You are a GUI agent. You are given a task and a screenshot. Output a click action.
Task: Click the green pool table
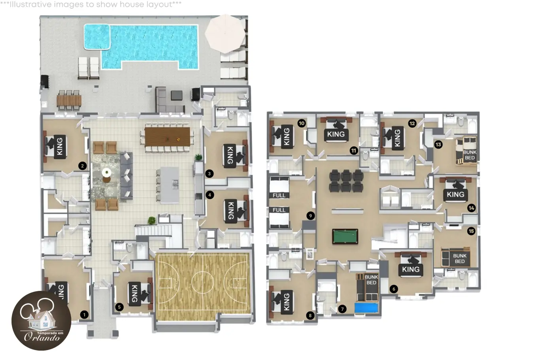click(x=345, y=236)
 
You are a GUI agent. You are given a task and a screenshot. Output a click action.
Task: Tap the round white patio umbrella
click(x=225, y=34)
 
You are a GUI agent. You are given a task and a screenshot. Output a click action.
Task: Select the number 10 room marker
click(x=302, y=123)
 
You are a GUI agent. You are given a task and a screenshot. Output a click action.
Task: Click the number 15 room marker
click(x=471, y=231)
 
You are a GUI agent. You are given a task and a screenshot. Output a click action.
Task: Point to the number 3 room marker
click(x=209, y=173)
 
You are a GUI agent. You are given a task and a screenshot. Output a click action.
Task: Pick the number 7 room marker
click(x=342, y=309)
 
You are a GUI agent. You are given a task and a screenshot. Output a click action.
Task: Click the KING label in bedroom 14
click(x=455, y=194)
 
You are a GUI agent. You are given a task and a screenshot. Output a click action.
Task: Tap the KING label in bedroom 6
click(x=411, y=269)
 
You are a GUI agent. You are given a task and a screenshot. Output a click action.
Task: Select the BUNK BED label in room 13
click(x=470, y=155)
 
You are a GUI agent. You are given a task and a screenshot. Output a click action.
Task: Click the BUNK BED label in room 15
click(x=460, y=258)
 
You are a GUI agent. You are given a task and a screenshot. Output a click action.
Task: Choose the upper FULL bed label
click(x=279, y=195)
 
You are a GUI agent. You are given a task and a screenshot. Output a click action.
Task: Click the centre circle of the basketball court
click(x=202, y=282)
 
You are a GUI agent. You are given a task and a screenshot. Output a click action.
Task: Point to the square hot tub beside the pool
click(x=97, y=37)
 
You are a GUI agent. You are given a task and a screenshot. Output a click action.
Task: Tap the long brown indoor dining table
click(x=167, y=137)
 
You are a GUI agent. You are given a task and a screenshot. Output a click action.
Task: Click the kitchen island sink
click(x=176, y=184)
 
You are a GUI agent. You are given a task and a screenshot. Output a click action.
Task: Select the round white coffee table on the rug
click(x=106, y=173)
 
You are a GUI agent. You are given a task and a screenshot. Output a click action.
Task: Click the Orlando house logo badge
click(x=42, y=320)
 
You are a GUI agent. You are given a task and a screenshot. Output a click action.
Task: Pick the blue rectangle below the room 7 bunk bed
click(x=366, y=308)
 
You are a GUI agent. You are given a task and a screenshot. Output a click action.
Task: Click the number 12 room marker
click(x=412, y=124)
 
